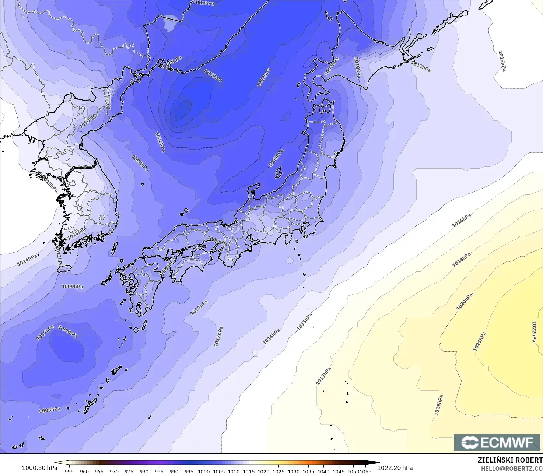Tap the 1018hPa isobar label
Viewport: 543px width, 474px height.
coord(461,260)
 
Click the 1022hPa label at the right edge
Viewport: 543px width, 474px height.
coord(534,331)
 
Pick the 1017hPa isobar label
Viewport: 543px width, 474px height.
coord(323,376)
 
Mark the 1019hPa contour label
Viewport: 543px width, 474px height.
coord(438,405)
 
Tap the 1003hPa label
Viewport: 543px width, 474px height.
coord(264,78)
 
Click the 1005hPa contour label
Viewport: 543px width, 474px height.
coord(276,158)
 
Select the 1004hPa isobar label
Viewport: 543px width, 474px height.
coord(172,62)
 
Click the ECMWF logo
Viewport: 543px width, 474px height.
coord(497,442)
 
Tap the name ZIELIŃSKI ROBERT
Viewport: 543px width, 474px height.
coord(510,460)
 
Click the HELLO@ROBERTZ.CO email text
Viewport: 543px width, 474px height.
coord(512,468)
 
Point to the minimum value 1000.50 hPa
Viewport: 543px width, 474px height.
coord(39,468)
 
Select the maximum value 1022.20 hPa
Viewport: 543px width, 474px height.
coord(395,468)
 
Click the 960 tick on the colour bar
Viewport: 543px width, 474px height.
coord(84,471)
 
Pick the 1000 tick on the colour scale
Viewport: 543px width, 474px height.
coord(204,471)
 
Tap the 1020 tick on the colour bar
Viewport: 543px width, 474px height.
coord(263,471)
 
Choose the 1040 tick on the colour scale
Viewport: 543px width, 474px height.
coord(323,471)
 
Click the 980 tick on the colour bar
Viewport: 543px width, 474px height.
coord(144,471)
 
